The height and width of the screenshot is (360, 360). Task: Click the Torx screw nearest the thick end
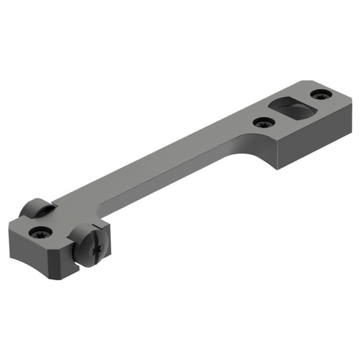click(321, 95)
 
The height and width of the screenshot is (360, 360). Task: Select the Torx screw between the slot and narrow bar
click(263, 123)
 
